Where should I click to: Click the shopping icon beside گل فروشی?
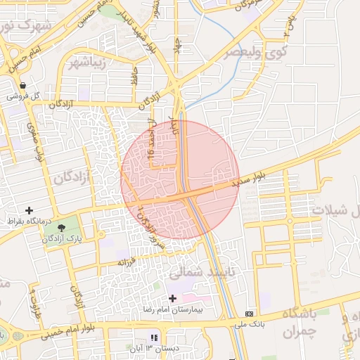tap(23, 85)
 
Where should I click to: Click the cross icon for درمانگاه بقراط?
tap(29, 210)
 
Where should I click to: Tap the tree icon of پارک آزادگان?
tap(61, 228)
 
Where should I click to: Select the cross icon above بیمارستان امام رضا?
tap(172, 298)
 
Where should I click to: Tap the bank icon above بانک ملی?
tap(249, 314)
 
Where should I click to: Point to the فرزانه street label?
tap(125, 262)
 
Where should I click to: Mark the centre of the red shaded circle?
tap(180, 180)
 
